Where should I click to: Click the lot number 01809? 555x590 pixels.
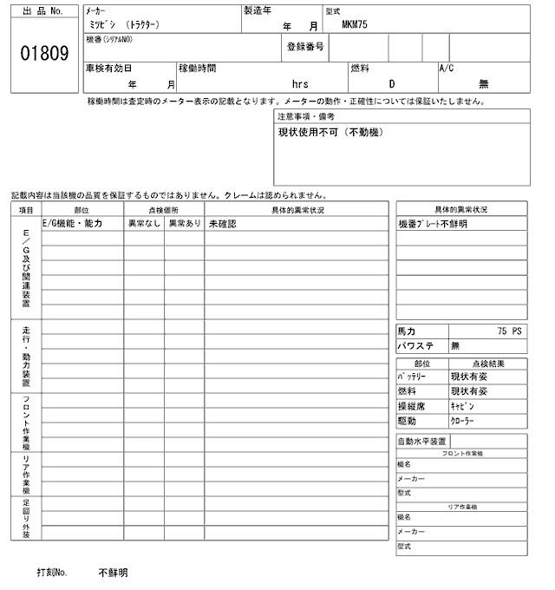44,54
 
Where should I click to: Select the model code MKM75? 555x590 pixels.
356,25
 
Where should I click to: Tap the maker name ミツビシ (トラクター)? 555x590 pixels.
122,26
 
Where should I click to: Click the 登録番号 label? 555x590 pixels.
305,47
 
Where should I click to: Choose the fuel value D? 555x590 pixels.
391,84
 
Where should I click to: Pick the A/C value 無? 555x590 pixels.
483,84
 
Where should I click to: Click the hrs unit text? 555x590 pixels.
301,84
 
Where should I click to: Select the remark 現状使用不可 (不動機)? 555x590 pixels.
330,133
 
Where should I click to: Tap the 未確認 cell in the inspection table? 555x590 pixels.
222,224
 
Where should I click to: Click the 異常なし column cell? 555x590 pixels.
145,224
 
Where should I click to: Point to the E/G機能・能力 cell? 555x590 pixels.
73,224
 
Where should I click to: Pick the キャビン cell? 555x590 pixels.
462,405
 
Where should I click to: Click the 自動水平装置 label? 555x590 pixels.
422,442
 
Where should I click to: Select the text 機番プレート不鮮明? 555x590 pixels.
433,224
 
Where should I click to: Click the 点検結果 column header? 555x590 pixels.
487,364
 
